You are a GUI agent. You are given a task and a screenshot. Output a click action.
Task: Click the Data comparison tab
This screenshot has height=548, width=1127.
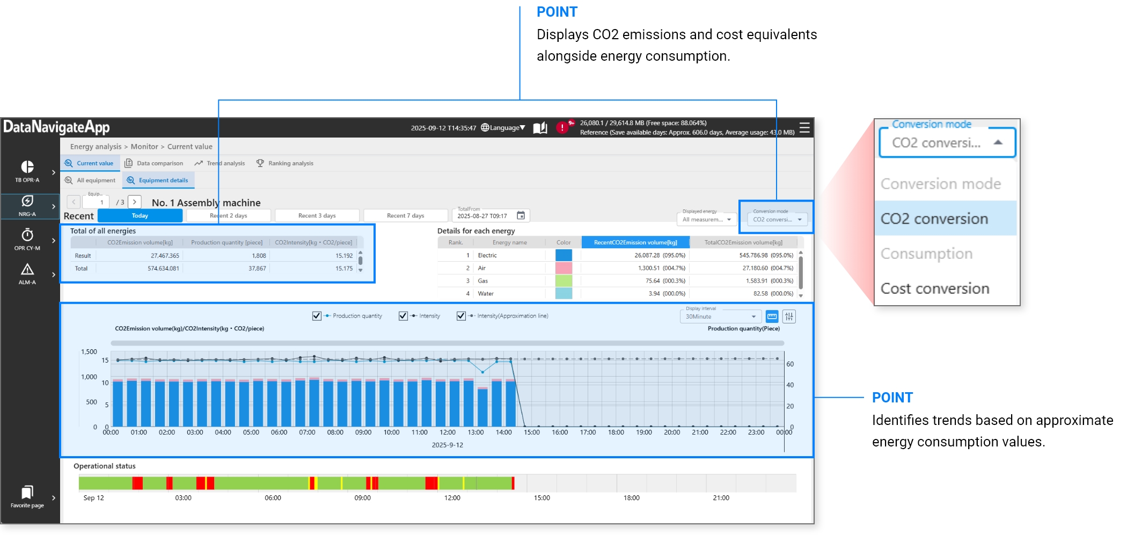tap(154, 163)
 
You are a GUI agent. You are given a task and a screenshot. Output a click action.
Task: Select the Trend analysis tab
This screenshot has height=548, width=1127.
tap(219, 163)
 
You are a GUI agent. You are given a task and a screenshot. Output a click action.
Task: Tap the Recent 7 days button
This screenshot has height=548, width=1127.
tap(405, 215)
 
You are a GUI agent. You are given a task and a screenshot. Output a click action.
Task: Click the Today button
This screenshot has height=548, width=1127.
tap(140, 215)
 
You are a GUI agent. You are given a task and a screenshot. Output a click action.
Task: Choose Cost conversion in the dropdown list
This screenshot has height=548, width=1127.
tap(934, 289)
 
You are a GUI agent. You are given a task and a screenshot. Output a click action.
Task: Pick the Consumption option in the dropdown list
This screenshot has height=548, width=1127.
tap(926, 254)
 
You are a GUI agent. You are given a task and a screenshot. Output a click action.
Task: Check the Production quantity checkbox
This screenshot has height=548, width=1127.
tap(317, 316)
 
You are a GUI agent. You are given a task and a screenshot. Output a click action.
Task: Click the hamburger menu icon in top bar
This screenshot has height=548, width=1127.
tap(804, 128)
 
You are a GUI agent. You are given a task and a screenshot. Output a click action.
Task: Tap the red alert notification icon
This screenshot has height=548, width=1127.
tap(562, 127)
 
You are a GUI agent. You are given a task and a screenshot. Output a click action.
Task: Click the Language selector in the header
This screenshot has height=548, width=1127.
tap(503, 128)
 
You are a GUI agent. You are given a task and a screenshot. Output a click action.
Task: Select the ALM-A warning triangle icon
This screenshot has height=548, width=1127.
tap(27, 269)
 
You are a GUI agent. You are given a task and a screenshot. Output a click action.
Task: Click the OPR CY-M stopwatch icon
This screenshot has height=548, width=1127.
tap(27, 235)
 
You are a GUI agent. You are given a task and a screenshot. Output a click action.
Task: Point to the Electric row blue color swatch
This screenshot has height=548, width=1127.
tap(563, 255)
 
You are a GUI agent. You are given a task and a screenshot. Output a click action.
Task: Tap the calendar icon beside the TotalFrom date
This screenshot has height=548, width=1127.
tap(521, 215)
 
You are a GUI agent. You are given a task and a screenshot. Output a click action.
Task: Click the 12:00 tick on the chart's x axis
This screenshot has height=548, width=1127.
tap(448, 432)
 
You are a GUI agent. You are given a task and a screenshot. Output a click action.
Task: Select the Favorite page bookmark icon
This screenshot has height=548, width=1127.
tap(27, 492)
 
